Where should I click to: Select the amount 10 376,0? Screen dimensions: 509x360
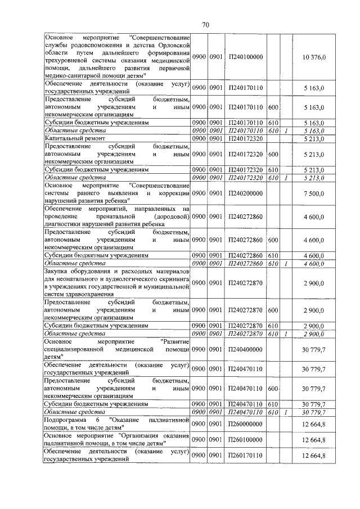pos(313,58)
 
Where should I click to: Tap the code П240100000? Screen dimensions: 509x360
pos(245,58)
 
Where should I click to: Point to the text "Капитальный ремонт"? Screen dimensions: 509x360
pos(74,138)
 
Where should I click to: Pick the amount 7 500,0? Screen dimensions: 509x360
pos(313,193)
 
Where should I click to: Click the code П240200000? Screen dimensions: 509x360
pos(245,193)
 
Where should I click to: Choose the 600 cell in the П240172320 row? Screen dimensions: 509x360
pos(273,154)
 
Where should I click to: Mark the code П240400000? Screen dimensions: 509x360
pos(245,349)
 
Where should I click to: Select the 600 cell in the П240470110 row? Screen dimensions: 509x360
pos(273,389)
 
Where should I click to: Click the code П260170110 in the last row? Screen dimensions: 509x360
pos(245,454)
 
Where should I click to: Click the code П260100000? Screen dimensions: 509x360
pos(245,439)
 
